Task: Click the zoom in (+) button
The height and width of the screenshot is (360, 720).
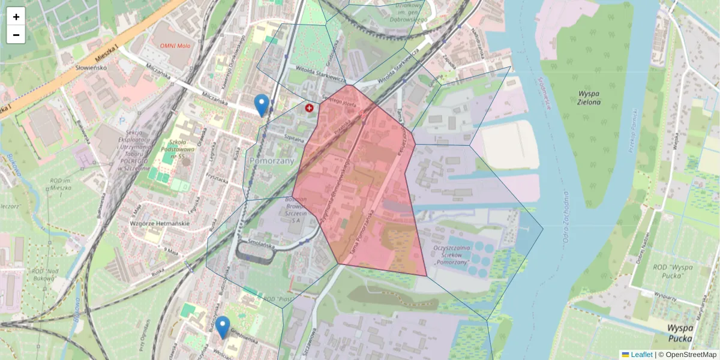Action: pos(16,17)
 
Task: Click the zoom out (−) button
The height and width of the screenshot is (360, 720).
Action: pos(16,35)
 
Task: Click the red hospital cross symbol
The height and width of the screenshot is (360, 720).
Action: pos(310,108)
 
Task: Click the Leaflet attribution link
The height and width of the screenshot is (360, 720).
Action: pos(641,355)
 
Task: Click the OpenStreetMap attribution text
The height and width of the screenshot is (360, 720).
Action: pos(691,355)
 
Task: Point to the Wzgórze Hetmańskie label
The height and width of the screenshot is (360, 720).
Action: pos(160,223)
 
